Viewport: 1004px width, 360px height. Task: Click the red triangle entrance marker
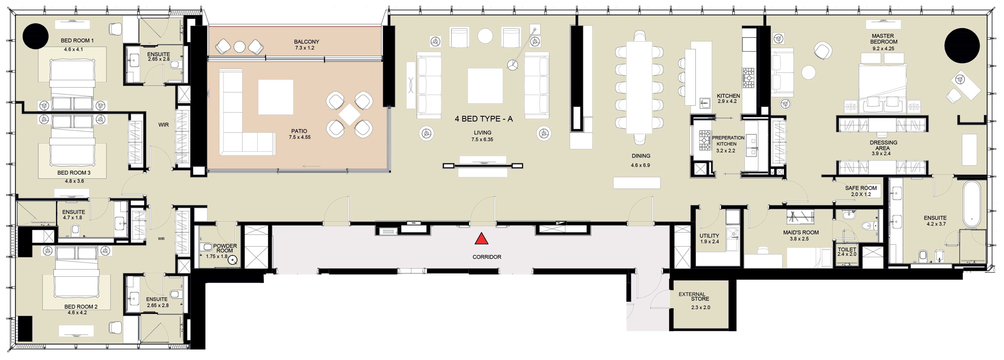(482, 239)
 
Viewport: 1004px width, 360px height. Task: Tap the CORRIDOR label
(487, 257)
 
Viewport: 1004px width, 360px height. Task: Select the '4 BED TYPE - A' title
(484, 119)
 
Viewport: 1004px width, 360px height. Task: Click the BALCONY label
(306, 42)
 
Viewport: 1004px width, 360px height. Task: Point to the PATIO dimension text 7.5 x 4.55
(299, 137)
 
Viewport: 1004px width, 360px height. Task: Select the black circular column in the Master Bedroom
(962, 46)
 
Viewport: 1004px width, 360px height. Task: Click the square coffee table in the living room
(485, 86)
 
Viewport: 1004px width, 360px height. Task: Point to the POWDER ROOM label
(225, 248)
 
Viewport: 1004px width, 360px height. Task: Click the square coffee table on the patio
(276, 97)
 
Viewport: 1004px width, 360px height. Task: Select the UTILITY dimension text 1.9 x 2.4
(709, 241)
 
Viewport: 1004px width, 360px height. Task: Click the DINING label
(641, 156)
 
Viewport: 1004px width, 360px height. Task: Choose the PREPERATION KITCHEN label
(728, 141)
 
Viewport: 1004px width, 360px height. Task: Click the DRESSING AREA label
(883, 145)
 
